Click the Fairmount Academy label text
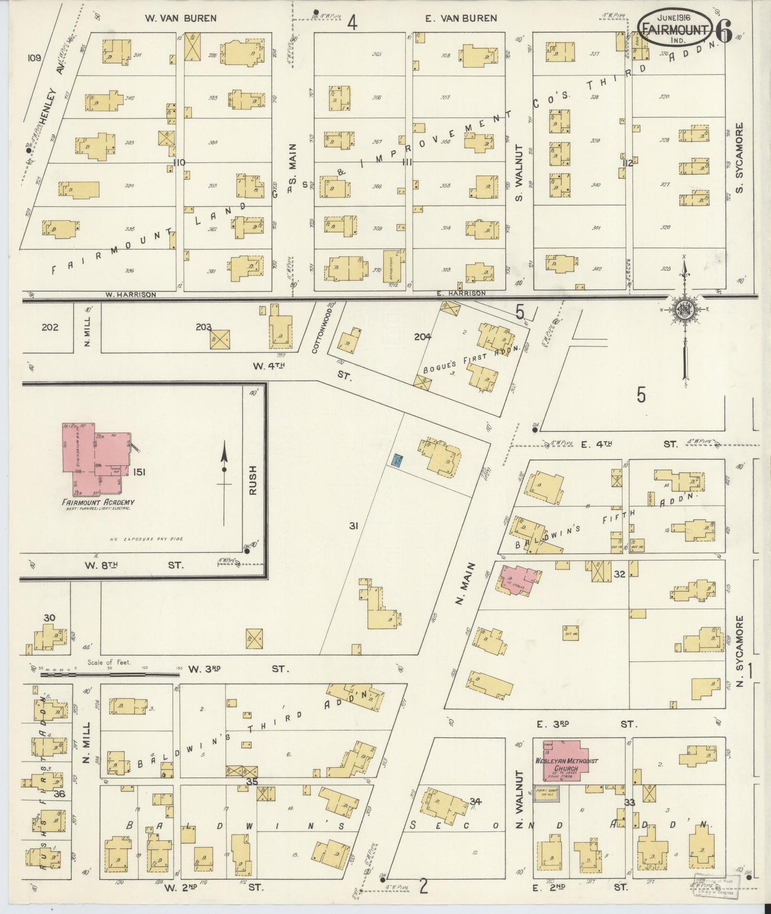pos(98,502)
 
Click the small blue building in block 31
pos(396,460)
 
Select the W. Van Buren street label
pos(181,18)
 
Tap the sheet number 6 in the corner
pos(724,33)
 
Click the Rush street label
pos(253,480)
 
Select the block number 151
pos(140,471)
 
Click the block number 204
pos(423,336)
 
